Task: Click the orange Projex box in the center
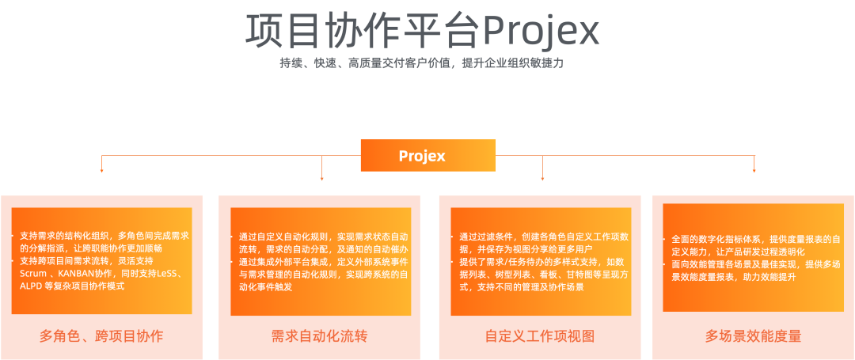pyautogui.click(x=427, y=156)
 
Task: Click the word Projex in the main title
pyautogui.click(x=541, y=32)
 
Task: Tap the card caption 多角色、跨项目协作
pyautogui.click(x=101, y=336)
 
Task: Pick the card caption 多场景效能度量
pyautogui.click(x=753, y=336)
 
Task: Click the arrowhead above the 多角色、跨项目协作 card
pyautogui.click(x=101, y=169)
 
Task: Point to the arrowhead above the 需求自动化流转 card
pyautogui.click(x=321, y=176)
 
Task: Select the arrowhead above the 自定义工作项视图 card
pyautogui.click(x=542, y=176)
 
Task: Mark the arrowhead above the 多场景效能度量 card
pyautogui.click(x=754, y=169)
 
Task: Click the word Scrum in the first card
pyautogui.click(x=32, y=273)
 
